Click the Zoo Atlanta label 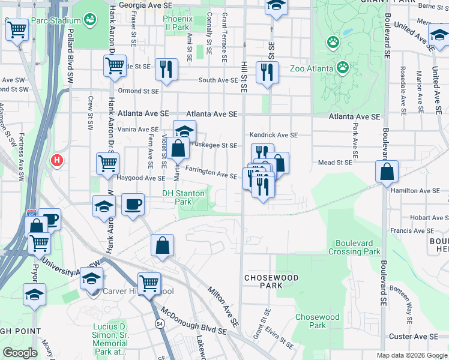pos(312,68)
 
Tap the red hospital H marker pos(57,161)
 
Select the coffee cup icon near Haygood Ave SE pos(133,204)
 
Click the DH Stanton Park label pos(184,198)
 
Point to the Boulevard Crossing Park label pos(354,247)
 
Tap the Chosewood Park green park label pos(318,321)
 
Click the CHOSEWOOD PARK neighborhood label pos(264,282)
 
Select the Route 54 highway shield pos(160,323)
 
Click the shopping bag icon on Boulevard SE pos(387,172)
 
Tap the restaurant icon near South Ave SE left pos(165,69)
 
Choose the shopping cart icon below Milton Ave pos(148,283)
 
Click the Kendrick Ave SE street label pos(274,136)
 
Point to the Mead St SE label pos(334,163)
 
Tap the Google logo pos(20,352)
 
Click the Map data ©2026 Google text pos(411,355)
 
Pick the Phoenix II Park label pos(176,23)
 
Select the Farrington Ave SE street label pos(211,175)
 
